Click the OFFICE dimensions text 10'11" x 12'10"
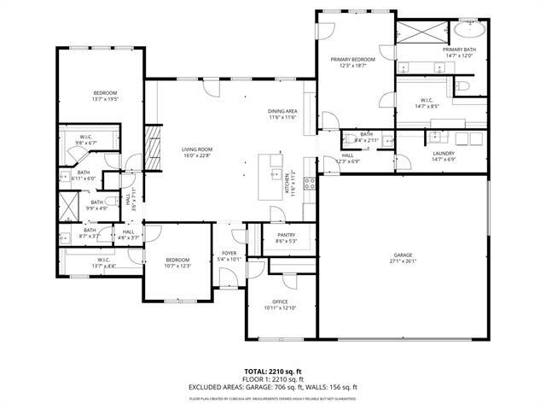tap(280, 308)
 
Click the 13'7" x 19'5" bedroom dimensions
tap(105, 99)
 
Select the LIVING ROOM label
tap(196, 149)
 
